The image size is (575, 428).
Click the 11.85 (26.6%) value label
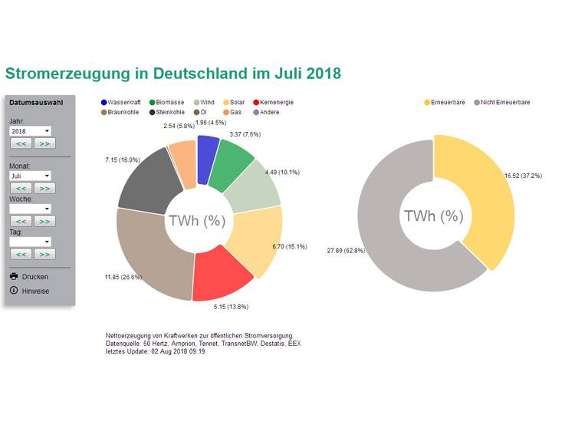[x=123, y=276]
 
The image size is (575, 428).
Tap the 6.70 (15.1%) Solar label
[x=289, y=246]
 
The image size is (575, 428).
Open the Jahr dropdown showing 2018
[x=30, y=131]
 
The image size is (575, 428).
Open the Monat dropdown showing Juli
[x=30, y=176]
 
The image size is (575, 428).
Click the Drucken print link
[x=34, y=276]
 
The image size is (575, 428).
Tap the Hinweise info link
[x=35, y=291]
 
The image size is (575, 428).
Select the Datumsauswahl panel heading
[x=36, y=102]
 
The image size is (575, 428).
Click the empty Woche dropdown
[x=30, y=209]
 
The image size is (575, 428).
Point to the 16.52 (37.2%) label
[x=523, y=176]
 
